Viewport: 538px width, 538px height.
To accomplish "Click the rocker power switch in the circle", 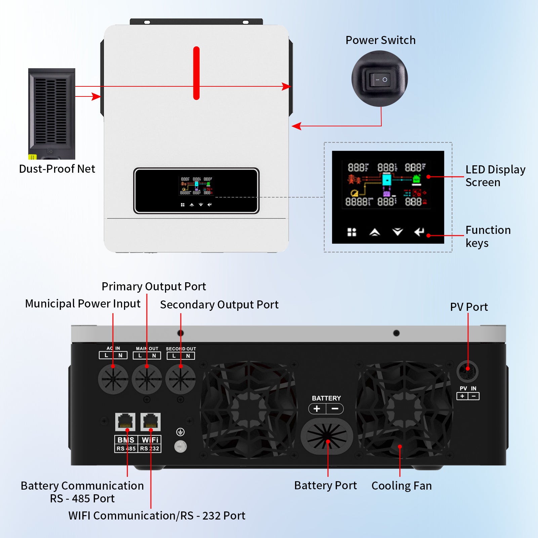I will [x=380, y=80].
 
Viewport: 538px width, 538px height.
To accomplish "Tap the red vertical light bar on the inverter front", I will [x=196, y=73].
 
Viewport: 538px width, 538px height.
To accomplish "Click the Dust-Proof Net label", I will [x=57, y=169].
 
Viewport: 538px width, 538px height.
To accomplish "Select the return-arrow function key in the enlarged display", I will [x=419, y=232].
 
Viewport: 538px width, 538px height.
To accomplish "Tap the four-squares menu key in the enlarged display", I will [x=351, y=232].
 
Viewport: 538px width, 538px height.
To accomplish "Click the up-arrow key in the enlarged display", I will [x=374, y=232].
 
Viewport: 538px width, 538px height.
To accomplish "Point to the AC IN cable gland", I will [x=113, y=379].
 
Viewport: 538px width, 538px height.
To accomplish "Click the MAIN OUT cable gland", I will [x=147, y=379].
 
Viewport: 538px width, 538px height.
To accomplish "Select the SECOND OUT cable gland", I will [x=181, y=379].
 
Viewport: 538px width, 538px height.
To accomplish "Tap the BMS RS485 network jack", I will [x=125, y=422].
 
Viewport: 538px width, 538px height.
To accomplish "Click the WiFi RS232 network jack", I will [x=150, y=422].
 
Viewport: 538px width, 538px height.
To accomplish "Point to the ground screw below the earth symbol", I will [x=180, y=447].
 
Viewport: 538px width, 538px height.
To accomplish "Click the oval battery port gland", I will [x=327, y=436].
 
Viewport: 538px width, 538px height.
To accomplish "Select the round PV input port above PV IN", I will [x=467, y=371].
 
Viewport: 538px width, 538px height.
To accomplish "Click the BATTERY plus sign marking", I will [x=317, y=409].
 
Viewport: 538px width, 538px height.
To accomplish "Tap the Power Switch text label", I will [x=380, y=40].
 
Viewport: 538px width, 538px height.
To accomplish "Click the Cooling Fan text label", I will [x=401, y=486].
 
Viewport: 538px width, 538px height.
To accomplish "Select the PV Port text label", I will [x=469, y=307].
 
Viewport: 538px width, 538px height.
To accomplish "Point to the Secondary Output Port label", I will [x=219, y=304].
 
